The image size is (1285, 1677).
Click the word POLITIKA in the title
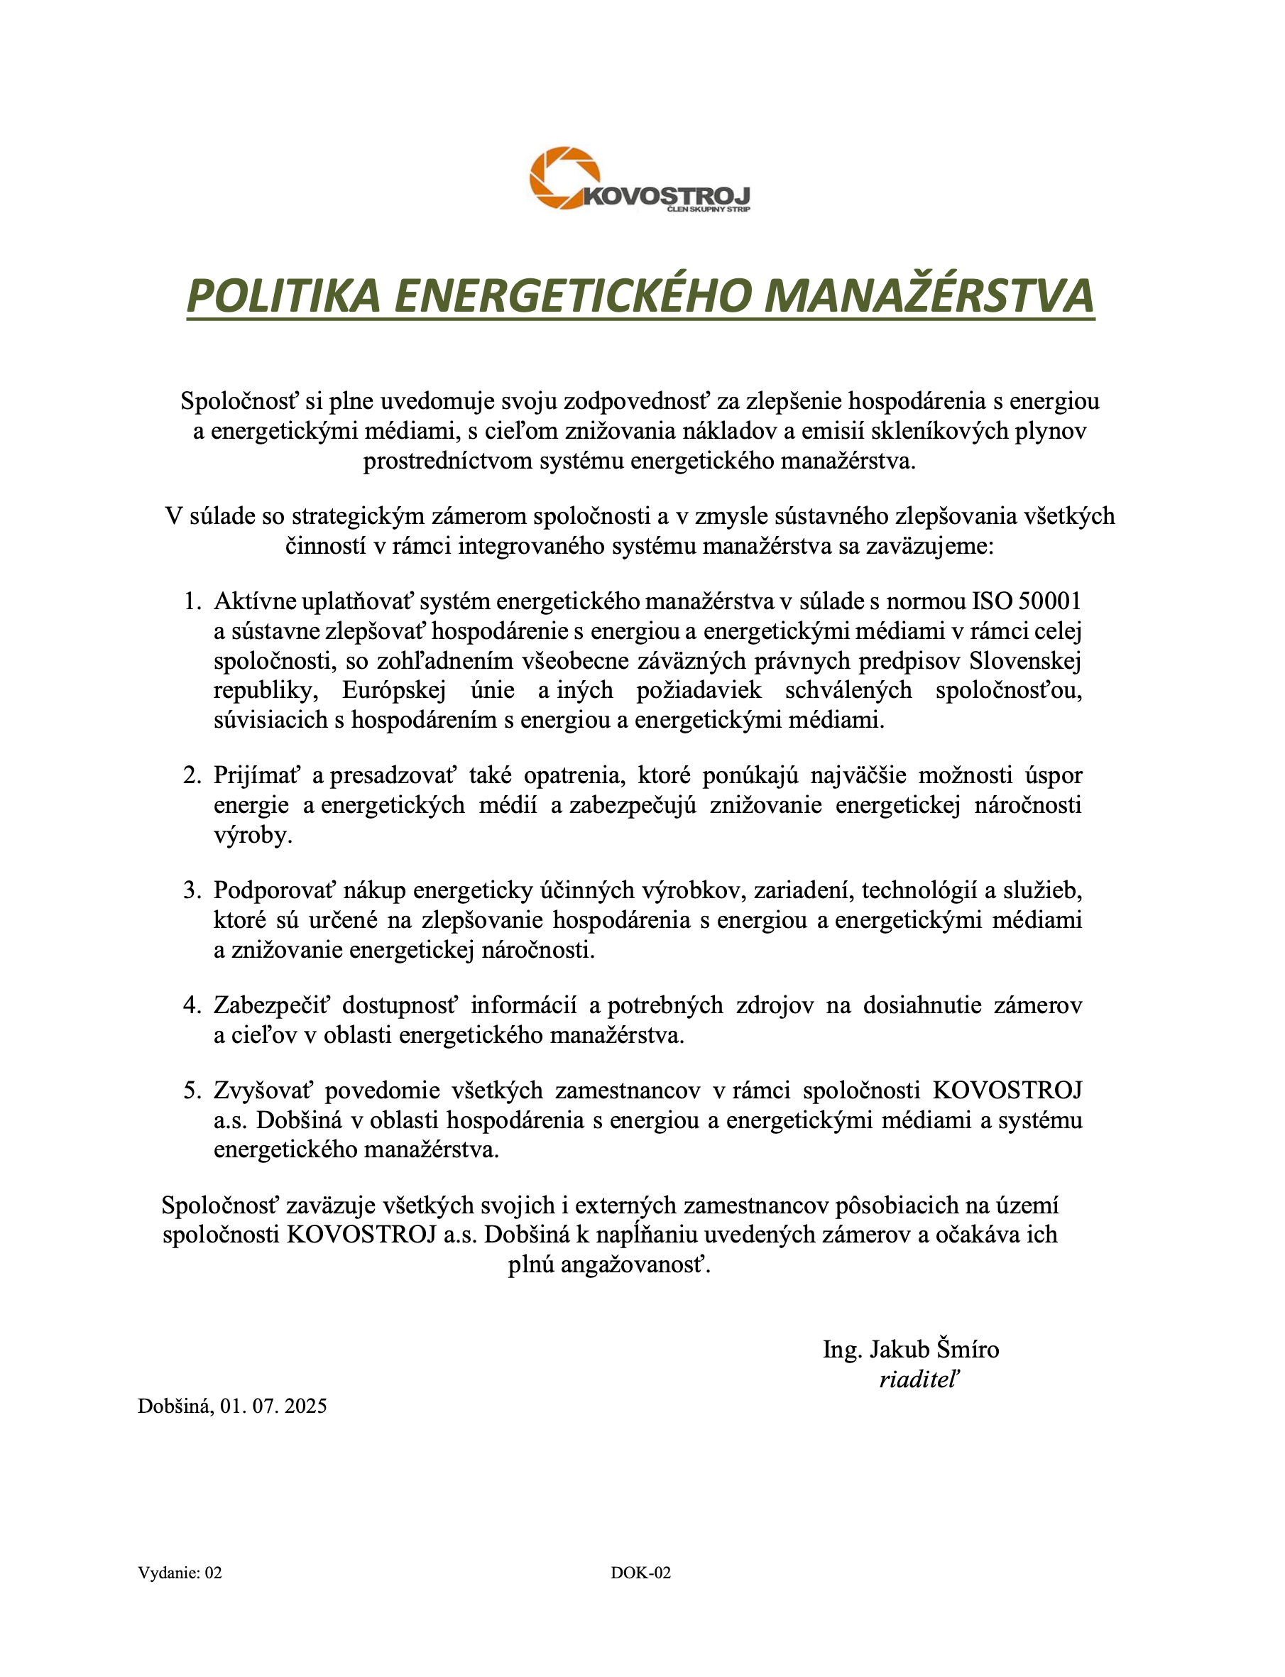[x=283, y=295]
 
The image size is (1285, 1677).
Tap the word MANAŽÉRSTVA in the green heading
[x=929, y=295]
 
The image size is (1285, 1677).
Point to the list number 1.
[x=191, y=601]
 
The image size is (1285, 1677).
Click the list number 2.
[x=191, y=775]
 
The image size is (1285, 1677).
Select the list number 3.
[x=191, y=890]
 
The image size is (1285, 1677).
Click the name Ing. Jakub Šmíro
[x=910, y=1349]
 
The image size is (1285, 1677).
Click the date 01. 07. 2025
[x=274, y=1406]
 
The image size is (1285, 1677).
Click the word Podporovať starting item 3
[x=275, y=890]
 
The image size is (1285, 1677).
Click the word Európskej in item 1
[x=393, y=691]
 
